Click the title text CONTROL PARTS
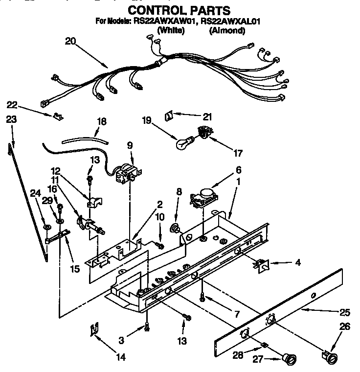point(179,10)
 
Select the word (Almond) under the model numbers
point(227,30)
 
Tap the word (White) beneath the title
point(170,30)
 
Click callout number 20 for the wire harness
point(71,41)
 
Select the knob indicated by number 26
point(331,356)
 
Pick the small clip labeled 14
point(93,331)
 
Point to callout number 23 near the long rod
point(12,118)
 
